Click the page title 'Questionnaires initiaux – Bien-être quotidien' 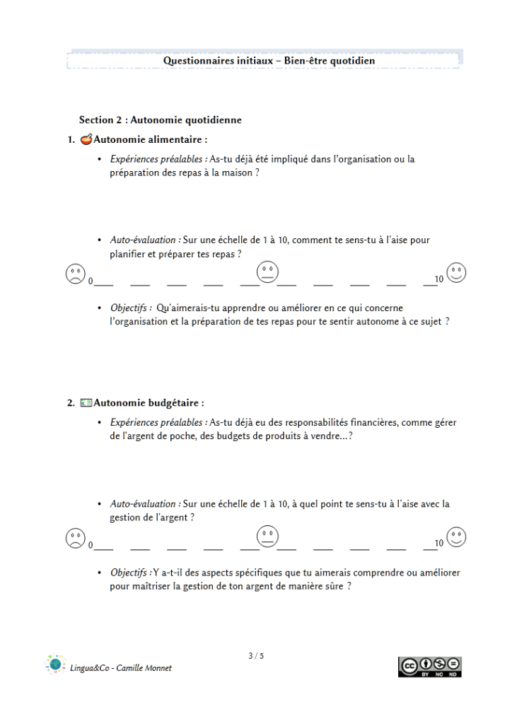[x=269, y=61]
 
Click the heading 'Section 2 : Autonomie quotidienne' [x=161, y=120]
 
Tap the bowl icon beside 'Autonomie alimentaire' [x=86, y=139]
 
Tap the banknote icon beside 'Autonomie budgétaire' [x=86, y=404]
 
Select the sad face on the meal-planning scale [x=75, y=273]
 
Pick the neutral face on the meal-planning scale [x=267, y=272]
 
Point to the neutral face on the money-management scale [x=267, y=537]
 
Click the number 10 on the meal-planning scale [x=439, y=280]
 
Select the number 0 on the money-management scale [x=91, y=545]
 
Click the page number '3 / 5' [x=256, y=656]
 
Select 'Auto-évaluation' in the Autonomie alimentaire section [x=144, y=240]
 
